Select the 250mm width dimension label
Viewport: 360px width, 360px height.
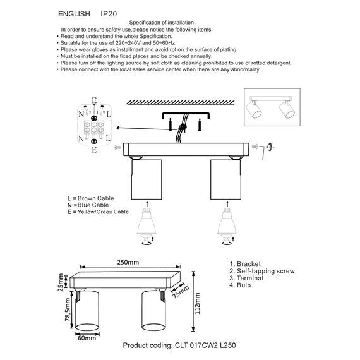click(128, 262)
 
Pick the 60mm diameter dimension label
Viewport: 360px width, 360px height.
click(87, 339)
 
